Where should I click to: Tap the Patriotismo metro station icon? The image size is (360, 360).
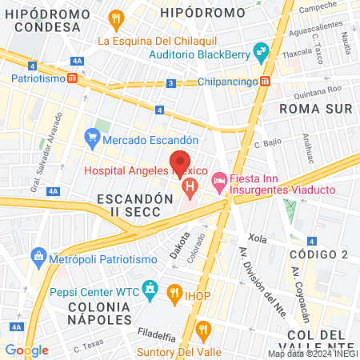[x=73, y=79]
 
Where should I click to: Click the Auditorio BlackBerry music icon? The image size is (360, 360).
[x=260, y=54]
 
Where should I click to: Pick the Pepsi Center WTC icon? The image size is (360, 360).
[x=149, y=287]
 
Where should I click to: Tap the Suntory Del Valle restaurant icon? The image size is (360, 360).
[x=204, y=328]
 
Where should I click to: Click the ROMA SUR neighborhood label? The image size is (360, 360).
[x=309, y=106]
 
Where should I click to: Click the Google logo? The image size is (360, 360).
[x=26, y=350]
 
